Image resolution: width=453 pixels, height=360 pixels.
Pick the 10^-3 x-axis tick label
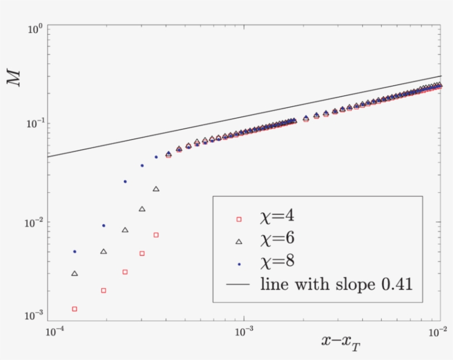(x=244, y=332)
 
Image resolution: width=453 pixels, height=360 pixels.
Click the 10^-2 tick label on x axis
(x=437, y=332)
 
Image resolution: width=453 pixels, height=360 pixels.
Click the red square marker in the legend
(x=239, y=220)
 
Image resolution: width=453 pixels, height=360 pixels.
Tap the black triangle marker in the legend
(x=239, y=241)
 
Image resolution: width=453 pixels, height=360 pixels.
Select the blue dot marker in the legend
(x=239, y=264)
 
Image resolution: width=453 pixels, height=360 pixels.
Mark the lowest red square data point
(x=75, y=309)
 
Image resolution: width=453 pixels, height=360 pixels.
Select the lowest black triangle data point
(x=75, y=273)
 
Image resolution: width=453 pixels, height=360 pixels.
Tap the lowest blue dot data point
(x=75, y=252)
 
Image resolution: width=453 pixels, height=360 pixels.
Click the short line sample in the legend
(x=239, y=285)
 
